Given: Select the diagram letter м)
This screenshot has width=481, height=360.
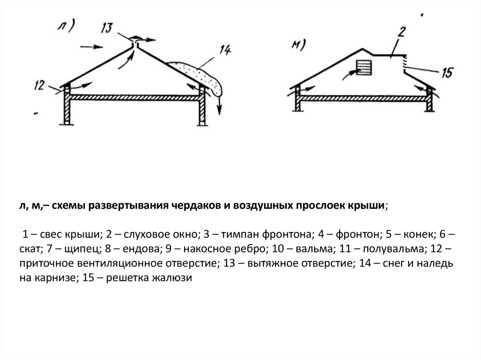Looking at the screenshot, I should (299, 46).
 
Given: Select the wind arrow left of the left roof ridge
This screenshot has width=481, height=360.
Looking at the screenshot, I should (91, 46).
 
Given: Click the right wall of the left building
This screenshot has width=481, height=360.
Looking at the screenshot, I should (202, 108).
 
